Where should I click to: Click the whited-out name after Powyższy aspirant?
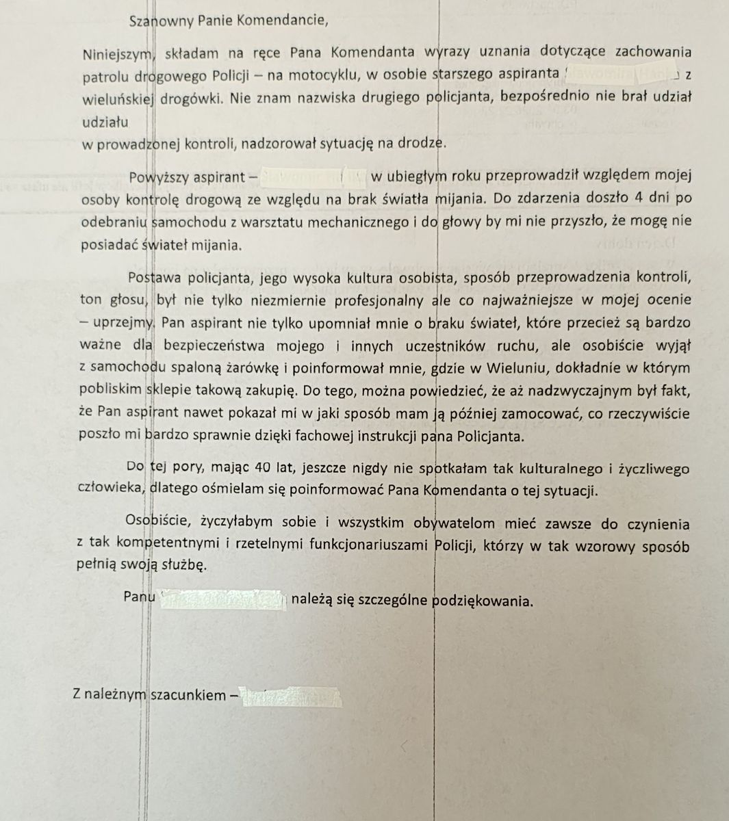pyautogui.click(x=314, y=177)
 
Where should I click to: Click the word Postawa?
pyautogui.click(x=152, y=278)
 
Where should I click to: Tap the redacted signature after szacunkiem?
pyautogui.click(x=292, y=696)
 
